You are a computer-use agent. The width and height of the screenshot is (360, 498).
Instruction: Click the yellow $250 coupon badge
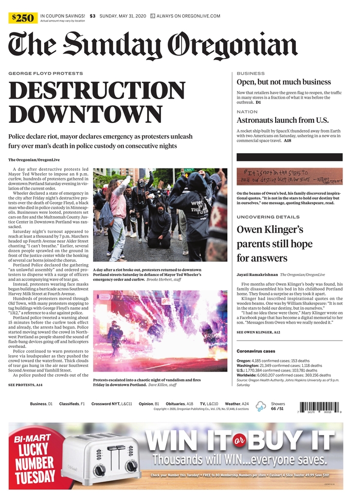[24, 18]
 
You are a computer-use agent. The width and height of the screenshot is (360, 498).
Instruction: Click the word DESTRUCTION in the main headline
[97, 92]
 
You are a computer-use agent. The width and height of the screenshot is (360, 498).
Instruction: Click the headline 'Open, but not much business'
[283, 82]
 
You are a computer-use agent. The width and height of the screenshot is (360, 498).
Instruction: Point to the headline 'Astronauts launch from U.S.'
[282, 120]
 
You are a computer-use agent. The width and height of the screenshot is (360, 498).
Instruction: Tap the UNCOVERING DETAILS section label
[267, 217]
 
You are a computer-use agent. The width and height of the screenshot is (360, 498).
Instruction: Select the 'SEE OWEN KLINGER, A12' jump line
[258, 333]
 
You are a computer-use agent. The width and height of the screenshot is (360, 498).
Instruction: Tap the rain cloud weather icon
[261, 407]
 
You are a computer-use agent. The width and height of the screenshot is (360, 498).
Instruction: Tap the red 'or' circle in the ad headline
[238, 440]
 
